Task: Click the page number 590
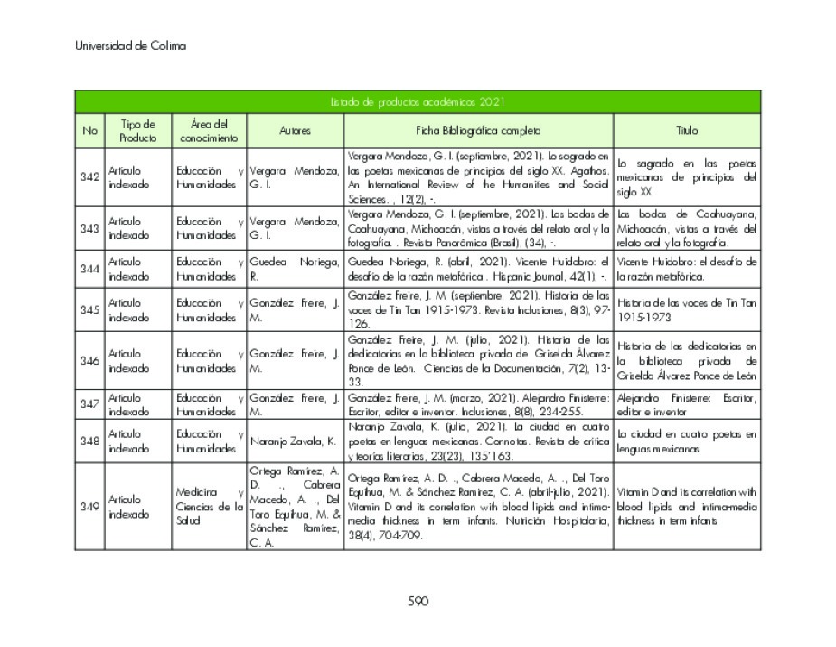pos(418,601)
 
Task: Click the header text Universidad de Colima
pos(130,46)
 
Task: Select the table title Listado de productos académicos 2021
pos(418,102)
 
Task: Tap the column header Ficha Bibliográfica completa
pos(478,130)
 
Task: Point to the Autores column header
pos(295,130)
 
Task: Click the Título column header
pos(687,130)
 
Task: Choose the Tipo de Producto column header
pos(137,130)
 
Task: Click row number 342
pos(89,176)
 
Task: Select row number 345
pos(89,310)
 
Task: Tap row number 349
pos(89,507)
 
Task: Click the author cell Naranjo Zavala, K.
pos(295,442)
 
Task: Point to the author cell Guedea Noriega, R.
pos(295,269)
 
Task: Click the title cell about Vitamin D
pos(687,507)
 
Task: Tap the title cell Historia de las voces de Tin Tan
pos(687,310)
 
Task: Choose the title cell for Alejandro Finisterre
pos(687,404)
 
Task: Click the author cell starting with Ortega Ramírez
pos(295,507)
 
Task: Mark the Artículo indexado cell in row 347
pos(137,404)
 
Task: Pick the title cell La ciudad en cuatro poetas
pos(687,442)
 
